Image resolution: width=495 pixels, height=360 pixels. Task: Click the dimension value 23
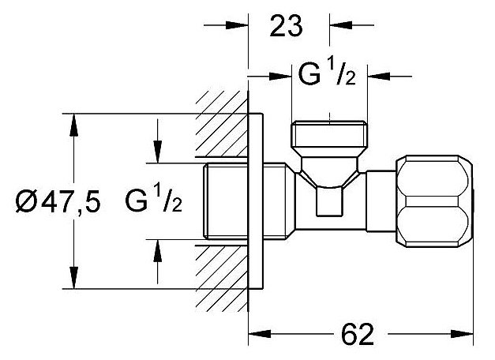pyautogui.click(x=287, y=28)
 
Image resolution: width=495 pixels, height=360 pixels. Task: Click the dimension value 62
pyautogui.click(x=357, y=334)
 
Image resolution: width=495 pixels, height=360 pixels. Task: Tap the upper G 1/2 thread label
pyautogui.click(x=328, y=77)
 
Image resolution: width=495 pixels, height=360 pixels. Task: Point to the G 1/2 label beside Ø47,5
pyautogui.click(x=153, y=203)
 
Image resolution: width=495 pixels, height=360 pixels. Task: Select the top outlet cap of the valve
pyautogui.click(x=329, y=140)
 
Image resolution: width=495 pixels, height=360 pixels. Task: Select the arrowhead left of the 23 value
pyautogui.click(x=240, y=27)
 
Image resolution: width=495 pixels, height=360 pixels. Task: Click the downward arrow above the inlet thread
pyautogui.click(x=157, y=155)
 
